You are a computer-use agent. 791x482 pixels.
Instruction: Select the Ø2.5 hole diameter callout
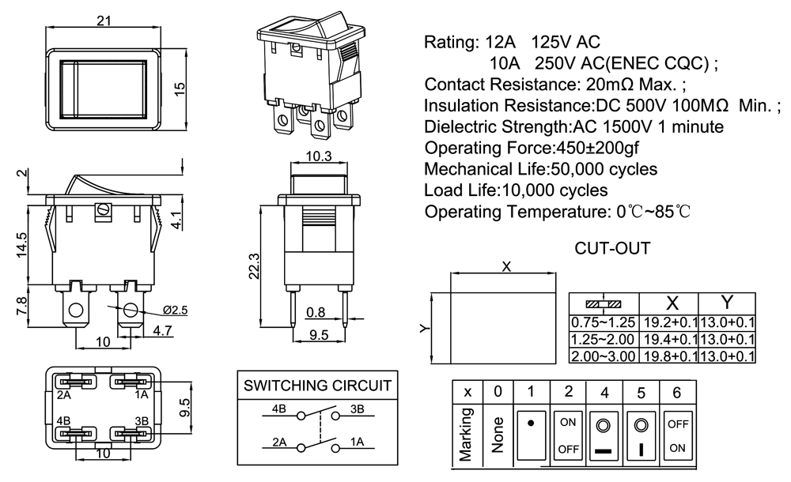[x=175, y=310]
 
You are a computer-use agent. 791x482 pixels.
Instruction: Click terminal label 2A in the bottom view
[x=64, y=394]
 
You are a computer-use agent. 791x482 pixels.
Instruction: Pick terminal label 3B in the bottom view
[x=142, y=420]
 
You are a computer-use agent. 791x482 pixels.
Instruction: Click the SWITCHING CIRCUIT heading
[x=317, y=386]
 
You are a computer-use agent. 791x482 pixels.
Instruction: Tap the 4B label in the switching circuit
[x=278, y=409]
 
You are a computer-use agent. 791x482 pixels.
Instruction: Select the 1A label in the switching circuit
[x=357, y=442]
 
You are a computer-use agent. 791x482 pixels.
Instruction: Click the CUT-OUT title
[x=612, y=249]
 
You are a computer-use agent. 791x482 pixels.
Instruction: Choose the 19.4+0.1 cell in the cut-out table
[x=669, y=339]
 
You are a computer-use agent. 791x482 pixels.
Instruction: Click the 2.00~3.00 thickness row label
[x=604, y=356]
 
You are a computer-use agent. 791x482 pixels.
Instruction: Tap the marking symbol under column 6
[x=678, y=435]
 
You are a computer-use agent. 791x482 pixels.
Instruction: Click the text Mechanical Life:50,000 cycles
[x=540, y=169]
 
